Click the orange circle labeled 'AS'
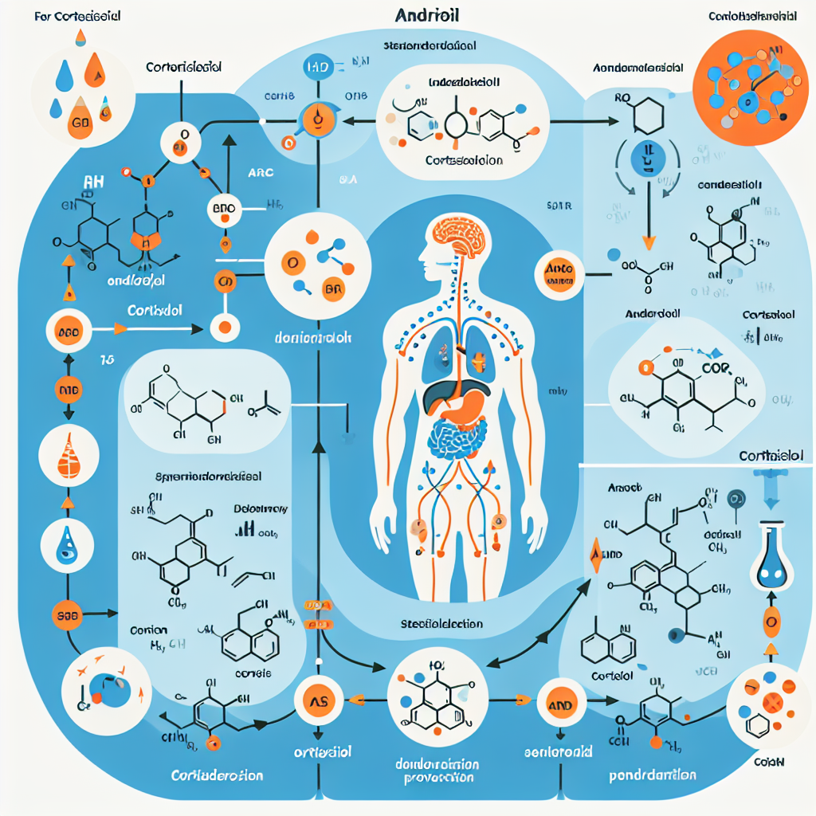coord(318,700)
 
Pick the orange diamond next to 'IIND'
coord(594,555)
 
